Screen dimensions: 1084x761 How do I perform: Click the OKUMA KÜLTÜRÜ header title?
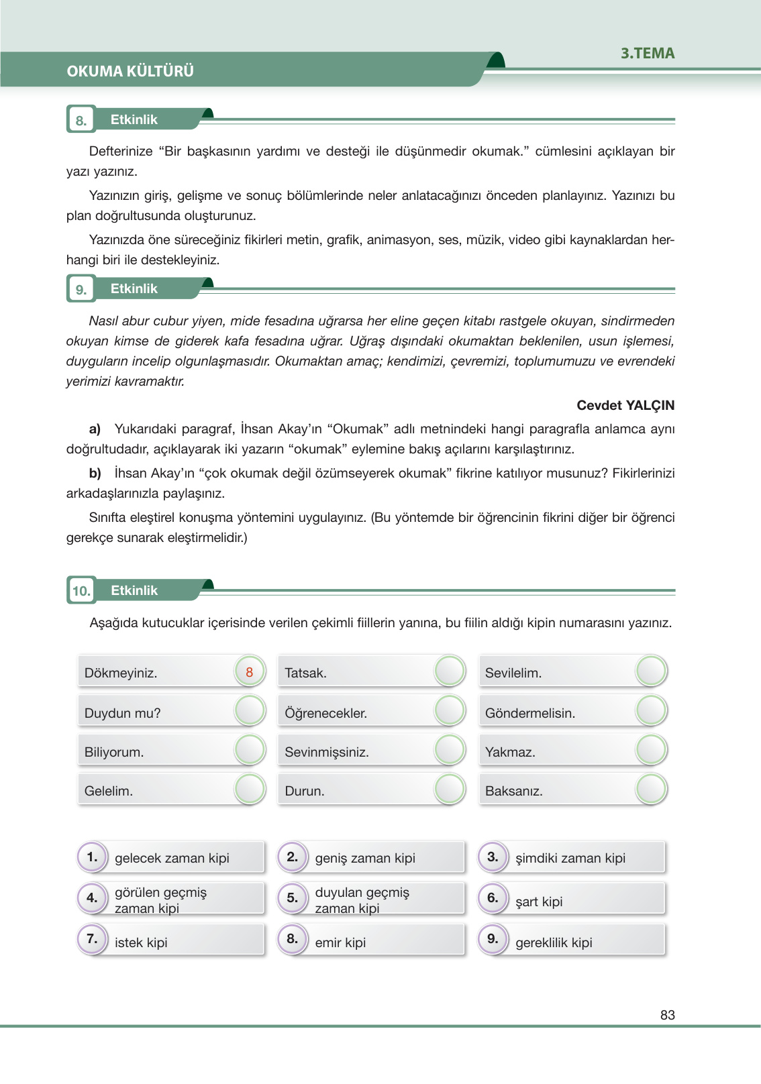(130, 71)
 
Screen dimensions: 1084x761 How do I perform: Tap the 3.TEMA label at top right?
(647, 54)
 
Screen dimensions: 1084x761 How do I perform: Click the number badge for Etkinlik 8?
(81, 121)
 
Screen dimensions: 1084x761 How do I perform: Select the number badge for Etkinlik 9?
(81, 290)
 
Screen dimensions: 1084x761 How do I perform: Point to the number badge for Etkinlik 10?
(81, 591)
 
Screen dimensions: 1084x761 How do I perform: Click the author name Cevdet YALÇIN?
(625, 405)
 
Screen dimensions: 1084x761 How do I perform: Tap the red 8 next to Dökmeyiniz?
(250, 671)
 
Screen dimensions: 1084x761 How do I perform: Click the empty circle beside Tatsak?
(450, 671)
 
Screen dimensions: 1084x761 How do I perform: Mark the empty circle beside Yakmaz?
(650, 751)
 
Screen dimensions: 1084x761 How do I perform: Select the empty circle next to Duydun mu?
(250, 711)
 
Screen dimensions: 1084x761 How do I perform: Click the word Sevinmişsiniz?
(326, 752)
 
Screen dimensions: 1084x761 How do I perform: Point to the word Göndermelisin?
(529, 713)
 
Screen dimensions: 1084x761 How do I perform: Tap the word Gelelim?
(109, 791)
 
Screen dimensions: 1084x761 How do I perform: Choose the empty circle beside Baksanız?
(650, 790)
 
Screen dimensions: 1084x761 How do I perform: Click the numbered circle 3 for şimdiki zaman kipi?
(493, 857)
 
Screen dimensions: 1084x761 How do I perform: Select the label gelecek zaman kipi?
(172, 858)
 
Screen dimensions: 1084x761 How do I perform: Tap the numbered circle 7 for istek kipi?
(92, 939)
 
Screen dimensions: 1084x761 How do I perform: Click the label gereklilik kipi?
(554, 942)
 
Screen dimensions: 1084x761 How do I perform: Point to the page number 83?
(667, 1015)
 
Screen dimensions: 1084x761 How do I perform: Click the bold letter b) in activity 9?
(95, 473)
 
